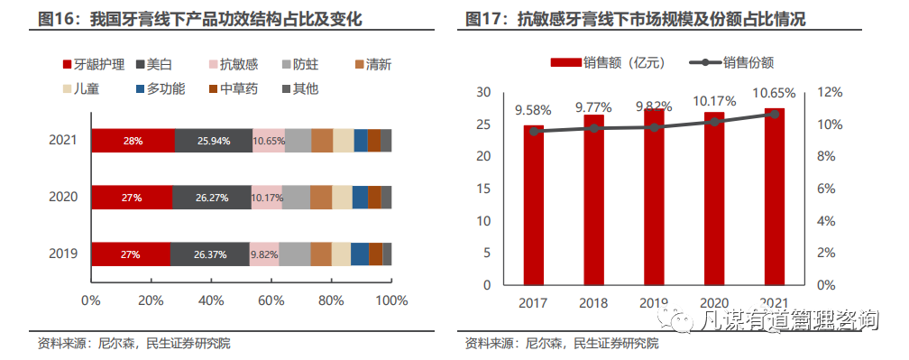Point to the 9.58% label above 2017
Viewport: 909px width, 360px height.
click(x=533, y=111)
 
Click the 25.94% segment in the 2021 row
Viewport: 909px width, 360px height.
click(x=213, y=141)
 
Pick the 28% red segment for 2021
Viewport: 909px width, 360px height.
click(x=133, y=141)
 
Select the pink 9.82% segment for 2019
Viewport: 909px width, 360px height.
click(x=264, y=254)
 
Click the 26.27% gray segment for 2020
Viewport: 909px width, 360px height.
click(x=212, y=198)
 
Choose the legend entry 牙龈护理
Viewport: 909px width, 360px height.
click(x=92, y=64)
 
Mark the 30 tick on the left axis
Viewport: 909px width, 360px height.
click(x=482, y=93)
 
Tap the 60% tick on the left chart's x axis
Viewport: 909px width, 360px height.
click(x=271, y=300)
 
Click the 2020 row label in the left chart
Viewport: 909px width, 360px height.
click(x=63, y=198)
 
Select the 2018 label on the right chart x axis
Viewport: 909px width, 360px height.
click(x=594, y=303)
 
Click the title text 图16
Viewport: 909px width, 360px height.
click(x=53, y=19)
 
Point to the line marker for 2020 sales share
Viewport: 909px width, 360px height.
click(x=714, y=121)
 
